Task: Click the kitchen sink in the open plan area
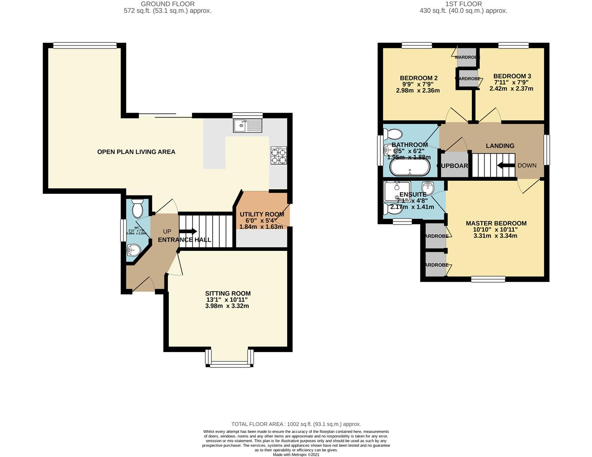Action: click(247, 125)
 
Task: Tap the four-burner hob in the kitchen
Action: click(279, 155)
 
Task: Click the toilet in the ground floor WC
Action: click(137, 208)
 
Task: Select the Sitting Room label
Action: click(227, 293)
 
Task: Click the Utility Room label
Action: click(262, 214)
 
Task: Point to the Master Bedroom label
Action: click(496, 223)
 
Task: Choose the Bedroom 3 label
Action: click(512, 76)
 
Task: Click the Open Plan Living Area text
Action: click(136, 152)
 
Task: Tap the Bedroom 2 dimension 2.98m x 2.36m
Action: click(418, 91)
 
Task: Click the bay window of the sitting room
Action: click(230, 363)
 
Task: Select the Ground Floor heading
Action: click(167, 4)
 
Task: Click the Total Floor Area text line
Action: click(296, 424)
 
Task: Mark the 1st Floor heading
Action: click(463, 4)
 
